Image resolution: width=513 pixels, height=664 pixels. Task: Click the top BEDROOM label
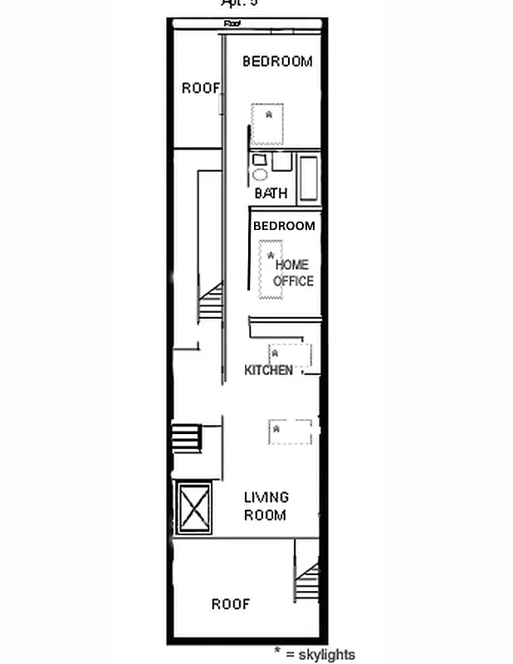pos(277,61)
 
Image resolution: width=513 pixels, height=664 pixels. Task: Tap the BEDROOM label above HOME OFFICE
pos(284,226)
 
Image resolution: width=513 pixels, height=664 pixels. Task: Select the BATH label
pos(271,193)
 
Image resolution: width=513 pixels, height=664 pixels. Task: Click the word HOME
pos(292,265)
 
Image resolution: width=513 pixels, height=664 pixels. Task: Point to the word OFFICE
pos(293,281)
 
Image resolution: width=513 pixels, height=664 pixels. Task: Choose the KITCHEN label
pos(268,370)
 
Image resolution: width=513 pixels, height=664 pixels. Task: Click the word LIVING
pos(266,497)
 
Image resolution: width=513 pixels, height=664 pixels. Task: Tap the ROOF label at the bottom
pos(230,604)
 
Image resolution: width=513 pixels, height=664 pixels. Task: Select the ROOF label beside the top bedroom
pos(201,88)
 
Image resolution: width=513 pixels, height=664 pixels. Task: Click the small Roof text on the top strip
pos(232,25)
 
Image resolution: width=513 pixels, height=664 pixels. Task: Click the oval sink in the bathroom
pos(260,175)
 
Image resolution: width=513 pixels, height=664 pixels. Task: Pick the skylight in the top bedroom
pos(267,123)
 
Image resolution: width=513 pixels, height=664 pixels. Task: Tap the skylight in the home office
pos(271,270)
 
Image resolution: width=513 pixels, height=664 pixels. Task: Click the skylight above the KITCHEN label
pos(289,354)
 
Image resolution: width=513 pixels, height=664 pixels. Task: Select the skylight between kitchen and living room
pos(290,432)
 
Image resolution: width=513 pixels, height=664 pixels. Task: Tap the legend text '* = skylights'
pos(315,654)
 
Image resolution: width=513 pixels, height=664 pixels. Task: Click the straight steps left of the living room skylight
pos(187,437)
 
